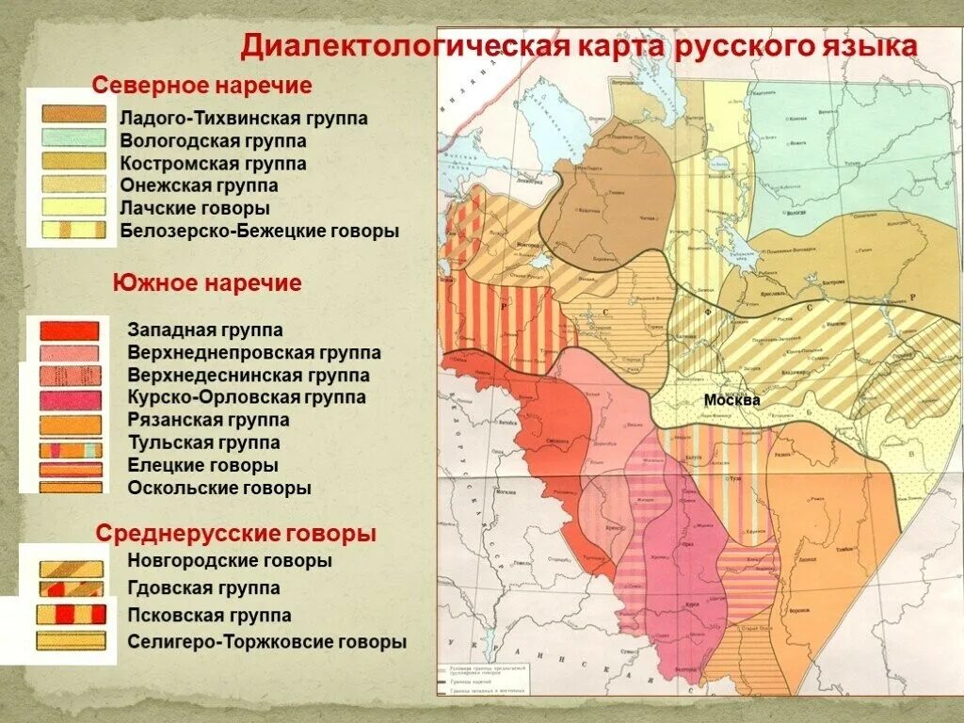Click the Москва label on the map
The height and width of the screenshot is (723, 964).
point(731,400)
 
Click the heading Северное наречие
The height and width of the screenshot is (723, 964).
point(201,86)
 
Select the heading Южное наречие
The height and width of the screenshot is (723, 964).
point(207,282)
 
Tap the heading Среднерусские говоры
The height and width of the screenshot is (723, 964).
point(236,534)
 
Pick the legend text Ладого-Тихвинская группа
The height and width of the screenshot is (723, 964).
point(244,120)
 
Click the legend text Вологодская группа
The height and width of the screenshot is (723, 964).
point(213,141)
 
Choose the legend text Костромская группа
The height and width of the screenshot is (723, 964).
point(214,164)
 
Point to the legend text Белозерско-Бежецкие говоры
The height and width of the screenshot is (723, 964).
point(260,231)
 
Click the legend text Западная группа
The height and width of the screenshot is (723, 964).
point(205,330)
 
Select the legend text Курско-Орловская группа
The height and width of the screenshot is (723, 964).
point(247,397)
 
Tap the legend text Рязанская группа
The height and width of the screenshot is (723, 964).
point(208,420)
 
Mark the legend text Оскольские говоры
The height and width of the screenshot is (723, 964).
point(219,489)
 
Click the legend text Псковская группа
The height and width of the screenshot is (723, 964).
point(210,616)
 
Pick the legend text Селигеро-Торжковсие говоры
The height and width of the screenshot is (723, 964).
point(267,643)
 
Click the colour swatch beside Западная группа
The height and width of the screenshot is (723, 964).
point(70,330)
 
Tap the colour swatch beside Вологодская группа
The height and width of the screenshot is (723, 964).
point(73,137)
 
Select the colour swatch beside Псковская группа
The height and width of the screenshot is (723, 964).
point(70,615)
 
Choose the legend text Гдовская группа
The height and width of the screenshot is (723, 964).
point(204,588)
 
